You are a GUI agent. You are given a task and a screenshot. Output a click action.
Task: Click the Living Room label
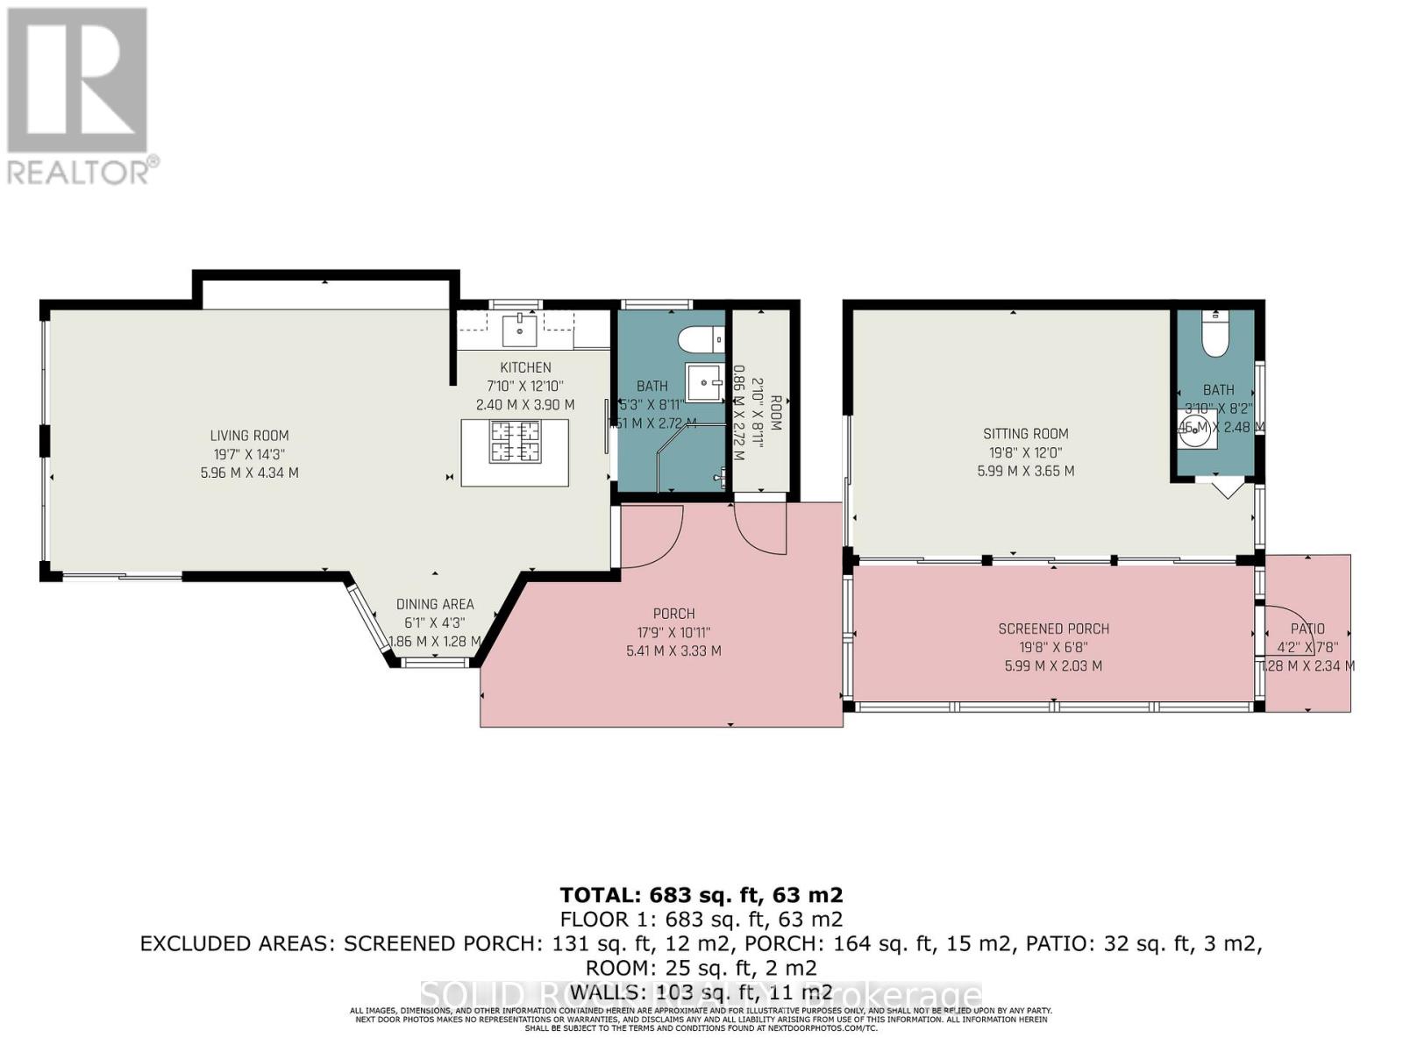(249, 436)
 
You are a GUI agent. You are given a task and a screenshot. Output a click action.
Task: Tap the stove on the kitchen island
(515, 441)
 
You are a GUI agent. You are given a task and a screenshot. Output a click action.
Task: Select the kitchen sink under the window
(519, 331)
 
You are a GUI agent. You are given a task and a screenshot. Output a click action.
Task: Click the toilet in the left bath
(701, 338)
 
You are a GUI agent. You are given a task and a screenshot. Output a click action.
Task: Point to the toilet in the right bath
(1215, 334)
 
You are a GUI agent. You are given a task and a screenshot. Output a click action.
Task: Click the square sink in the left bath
(704, 382)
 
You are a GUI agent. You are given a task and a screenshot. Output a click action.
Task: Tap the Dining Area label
(435, 604)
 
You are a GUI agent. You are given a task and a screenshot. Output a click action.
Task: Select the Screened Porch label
(1053, 629)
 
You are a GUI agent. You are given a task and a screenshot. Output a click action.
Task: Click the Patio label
(1307, 629)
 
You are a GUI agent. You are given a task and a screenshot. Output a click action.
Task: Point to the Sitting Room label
(1025, 433)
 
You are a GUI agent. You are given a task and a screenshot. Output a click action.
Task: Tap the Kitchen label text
(525, 367)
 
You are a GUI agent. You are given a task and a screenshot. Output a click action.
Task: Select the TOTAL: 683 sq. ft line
(701, 895)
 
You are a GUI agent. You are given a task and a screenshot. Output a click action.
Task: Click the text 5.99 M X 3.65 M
(1025, 471)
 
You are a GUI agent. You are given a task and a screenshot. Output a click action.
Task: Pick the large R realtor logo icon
(77, 80)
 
